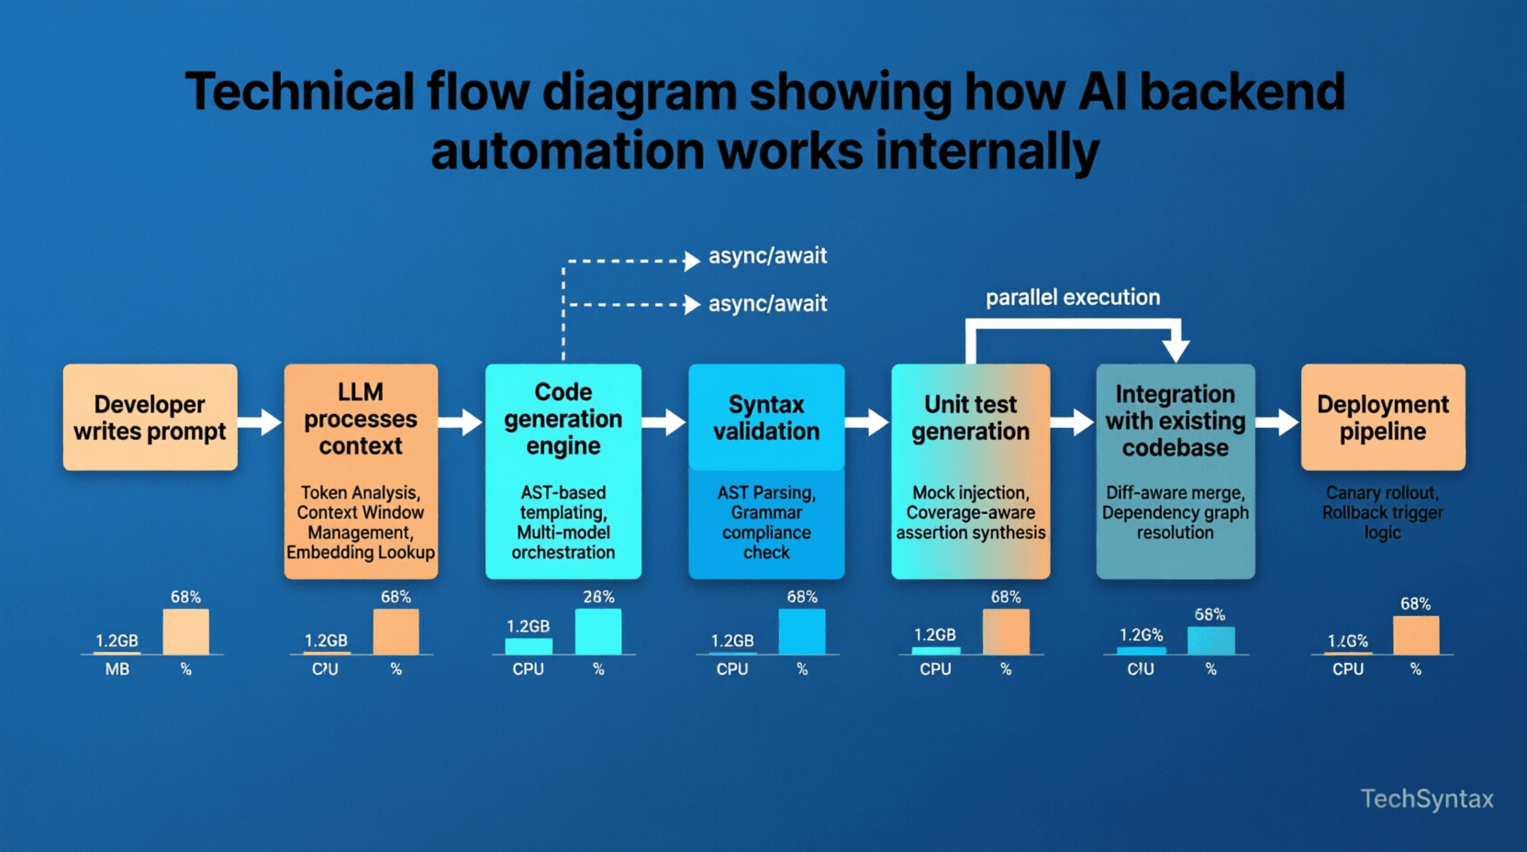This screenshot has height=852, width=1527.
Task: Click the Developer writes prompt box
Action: pos(150,418)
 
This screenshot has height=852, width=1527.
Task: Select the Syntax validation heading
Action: pos(766,418)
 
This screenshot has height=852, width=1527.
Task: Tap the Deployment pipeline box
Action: pos(1382,418)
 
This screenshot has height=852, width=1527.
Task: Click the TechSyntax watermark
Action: pos(1426,799)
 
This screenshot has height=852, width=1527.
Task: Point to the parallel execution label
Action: pos(1072,297)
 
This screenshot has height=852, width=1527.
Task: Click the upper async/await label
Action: pos(767,255)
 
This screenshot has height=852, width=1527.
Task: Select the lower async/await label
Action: pos(767,303)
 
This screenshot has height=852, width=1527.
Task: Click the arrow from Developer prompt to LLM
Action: pos(261,422)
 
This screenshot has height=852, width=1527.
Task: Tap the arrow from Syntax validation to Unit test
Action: pos(867,422)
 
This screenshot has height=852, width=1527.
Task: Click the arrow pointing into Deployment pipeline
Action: pos(1277,422)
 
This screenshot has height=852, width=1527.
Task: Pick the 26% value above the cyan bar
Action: pos(598,597)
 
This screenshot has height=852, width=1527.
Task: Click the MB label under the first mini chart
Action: pos(117,669)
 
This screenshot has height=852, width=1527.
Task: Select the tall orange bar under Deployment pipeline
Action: pos(1415,634)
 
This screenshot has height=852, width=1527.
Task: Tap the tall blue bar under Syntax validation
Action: pos(801,631)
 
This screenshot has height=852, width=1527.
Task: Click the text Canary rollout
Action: pos(1382,493)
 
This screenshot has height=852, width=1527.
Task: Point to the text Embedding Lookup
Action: pos(361,553)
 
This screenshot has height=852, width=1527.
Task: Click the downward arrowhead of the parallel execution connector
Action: pos(1176,350)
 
